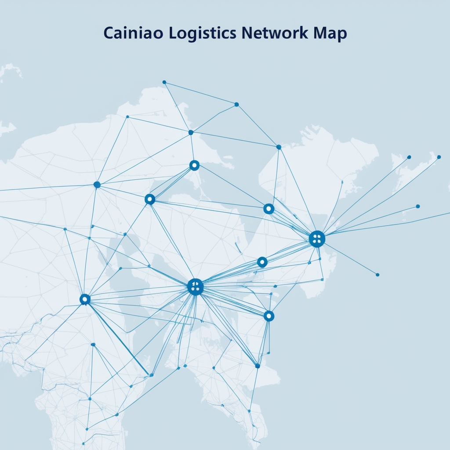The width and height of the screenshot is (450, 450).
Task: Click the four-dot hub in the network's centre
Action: coord(195,287)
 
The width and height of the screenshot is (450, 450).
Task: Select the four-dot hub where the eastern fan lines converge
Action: coord(317,239)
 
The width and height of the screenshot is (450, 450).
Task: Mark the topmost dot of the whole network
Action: coord(164,82)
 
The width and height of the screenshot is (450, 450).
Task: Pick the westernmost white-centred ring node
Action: coord(85,299)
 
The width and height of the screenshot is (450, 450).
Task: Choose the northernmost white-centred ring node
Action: coord(194,165)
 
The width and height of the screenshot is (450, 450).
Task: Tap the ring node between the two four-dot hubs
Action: coord(262,262)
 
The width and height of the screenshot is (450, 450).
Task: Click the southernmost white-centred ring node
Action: coord(269,316)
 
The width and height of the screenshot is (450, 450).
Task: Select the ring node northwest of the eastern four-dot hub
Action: coord(269,209)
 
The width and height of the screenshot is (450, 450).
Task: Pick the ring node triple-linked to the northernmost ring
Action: coord(150,200)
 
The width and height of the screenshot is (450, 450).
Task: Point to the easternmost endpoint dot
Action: coord(439,157)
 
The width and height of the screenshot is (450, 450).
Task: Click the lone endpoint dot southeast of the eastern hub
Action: coord(377,275)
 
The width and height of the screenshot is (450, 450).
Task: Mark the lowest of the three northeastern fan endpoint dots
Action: coord(417,206)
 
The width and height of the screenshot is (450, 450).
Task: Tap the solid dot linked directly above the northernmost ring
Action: coord(191,132)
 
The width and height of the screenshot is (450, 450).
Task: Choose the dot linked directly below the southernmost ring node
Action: coord(258,366)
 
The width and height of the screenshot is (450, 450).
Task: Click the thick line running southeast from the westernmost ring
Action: coord(119,338)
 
